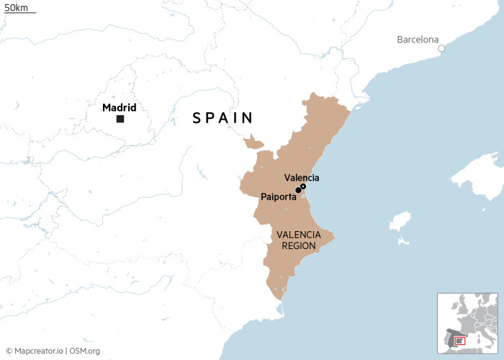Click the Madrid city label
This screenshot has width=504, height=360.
point(119,108)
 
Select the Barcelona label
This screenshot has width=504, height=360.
point(417,40)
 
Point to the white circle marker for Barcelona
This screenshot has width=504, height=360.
point(442,49)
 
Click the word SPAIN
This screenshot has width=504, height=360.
point(222,118)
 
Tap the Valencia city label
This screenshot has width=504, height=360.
point(302,178)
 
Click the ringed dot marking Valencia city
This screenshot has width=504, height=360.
point(303,186)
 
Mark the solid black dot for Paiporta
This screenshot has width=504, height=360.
point(298,191)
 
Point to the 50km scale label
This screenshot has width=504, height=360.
point(16,7)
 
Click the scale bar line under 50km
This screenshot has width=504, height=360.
point(20,14)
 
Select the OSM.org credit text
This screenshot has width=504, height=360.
point(84,351)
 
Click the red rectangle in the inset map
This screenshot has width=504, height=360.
point(461,339)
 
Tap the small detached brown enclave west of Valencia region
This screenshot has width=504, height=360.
point(252,143)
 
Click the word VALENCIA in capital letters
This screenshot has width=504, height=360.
point(296,234)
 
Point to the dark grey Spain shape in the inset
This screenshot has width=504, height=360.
point(454,338)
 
